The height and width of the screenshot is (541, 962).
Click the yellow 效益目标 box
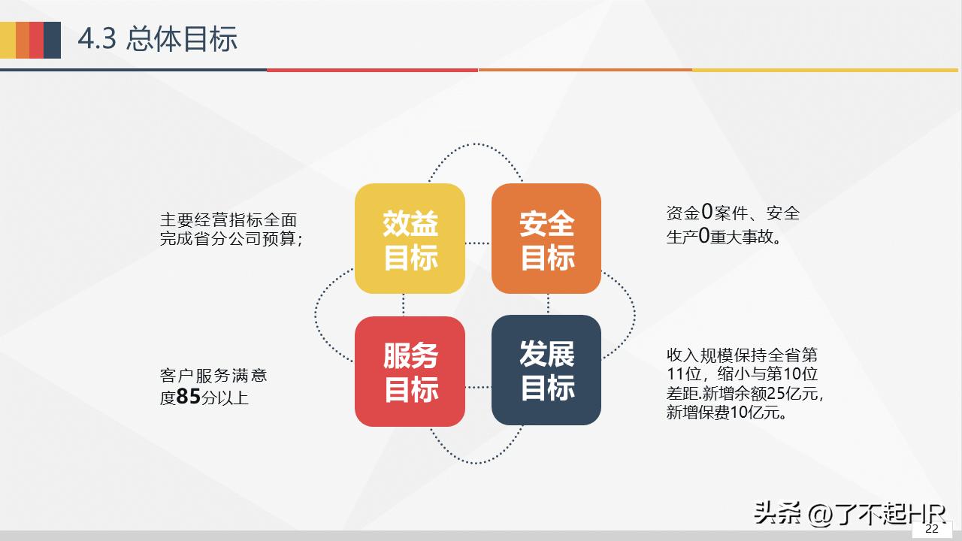tap(410, 239)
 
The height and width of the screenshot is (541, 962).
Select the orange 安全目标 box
tap(546, 239)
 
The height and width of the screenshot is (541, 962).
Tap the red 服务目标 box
tap(410, 371)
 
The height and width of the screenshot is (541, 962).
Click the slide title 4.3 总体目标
tap(158, 39)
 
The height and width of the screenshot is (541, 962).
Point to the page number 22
tap(932, 529)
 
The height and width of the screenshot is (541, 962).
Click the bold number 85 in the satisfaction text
tap(189, 397)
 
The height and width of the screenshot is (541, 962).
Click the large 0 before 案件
tap(706, 213)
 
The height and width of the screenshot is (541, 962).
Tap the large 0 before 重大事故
tap(704, 237)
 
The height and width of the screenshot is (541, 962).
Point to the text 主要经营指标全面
tap(228, 220)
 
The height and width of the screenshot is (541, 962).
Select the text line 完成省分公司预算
tap(231, 240)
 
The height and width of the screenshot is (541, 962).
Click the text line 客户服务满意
tap(213, 375)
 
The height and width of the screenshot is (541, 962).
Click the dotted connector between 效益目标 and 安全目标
tap(478, 243)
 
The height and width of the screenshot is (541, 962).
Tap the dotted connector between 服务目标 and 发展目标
tap(478, 387)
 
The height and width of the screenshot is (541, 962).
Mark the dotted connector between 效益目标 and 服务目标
tap(404, 304)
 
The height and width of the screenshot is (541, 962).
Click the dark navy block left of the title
tap(52, 40)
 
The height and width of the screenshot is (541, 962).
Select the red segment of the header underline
tap(372, 70)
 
